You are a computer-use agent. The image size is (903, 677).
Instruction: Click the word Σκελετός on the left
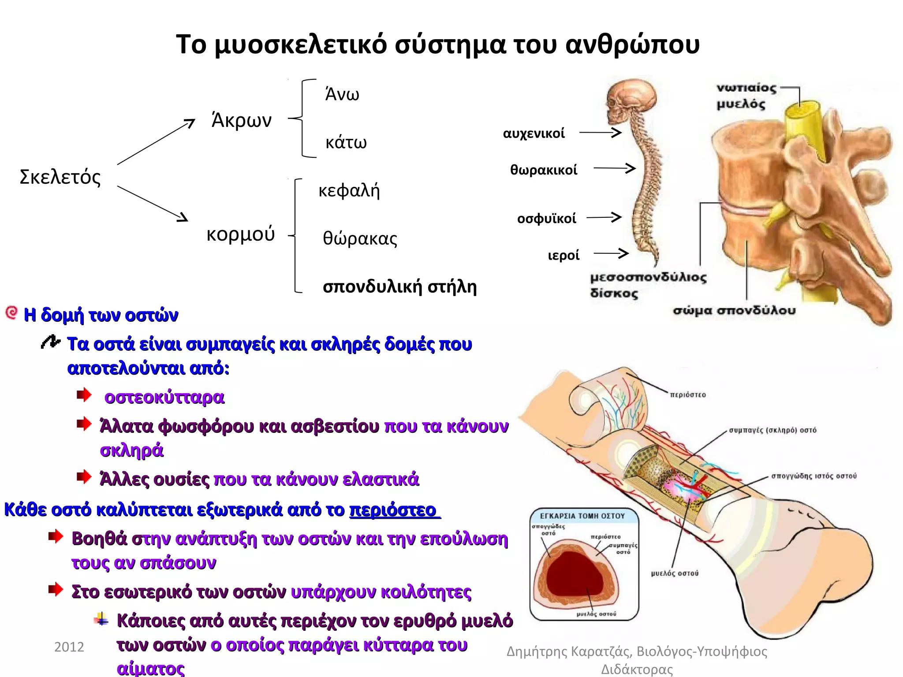(60, 177)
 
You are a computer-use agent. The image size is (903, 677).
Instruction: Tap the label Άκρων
(242, 120)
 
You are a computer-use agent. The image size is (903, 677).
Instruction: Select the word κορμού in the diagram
(240, 234)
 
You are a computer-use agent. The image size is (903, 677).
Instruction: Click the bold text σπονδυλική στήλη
(399, 287)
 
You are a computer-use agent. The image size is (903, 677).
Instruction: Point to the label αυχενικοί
(534, 134)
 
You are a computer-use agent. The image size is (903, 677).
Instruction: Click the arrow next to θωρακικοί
(614, 168)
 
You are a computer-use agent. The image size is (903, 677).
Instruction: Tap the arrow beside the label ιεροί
(611, 253)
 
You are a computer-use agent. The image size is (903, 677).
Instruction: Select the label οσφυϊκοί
(546, 219)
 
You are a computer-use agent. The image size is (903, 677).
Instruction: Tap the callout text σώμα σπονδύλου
(734, 311)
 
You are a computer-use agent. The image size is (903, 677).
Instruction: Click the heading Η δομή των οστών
(101, 315)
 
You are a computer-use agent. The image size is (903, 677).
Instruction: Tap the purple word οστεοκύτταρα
(164, 398)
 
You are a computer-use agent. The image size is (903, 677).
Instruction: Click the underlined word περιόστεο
(393, 510)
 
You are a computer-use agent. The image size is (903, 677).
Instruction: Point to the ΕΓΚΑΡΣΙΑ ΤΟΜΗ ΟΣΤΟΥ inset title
(582, 516)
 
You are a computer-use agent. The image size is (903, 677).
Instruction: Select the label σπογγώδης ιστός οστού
(813, 476)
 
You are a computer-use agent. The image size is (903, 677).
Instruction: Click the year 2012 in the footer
(69, 647)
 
